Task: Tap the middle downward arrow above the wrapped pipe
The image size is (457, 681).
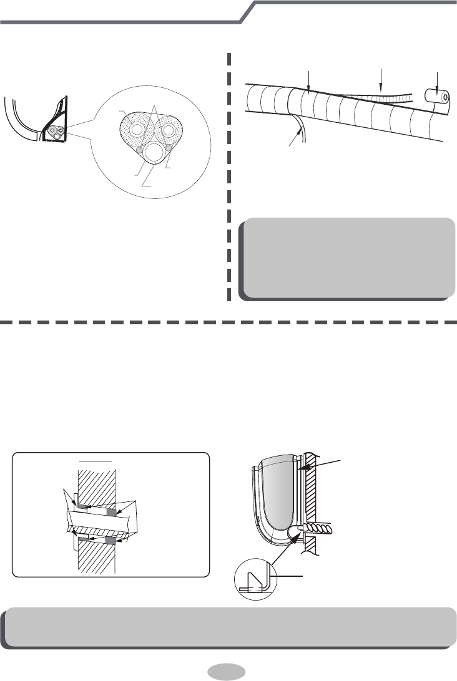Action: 381,80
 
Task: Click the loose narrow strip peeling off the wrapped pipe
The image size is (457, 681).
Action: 387,97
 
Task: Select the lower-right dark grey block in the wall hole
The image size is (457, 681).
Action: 113,539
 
